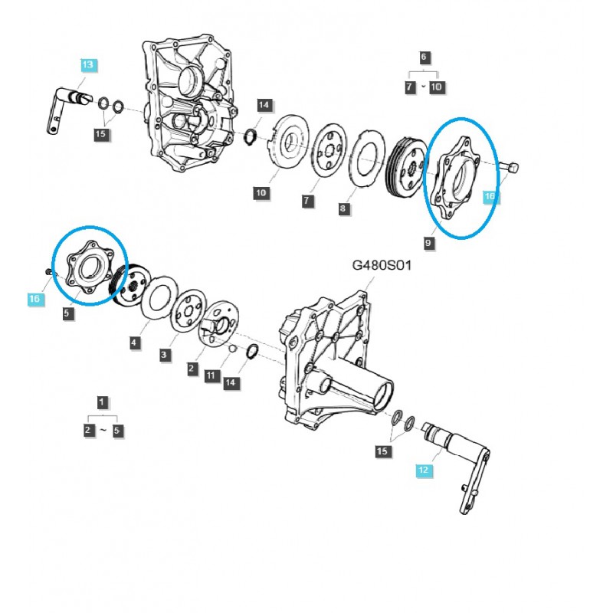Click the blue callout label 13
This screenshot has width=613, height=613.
87,65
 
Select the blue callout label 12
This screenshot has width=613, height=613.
422,468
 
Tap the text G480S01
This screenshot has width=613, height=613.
382,267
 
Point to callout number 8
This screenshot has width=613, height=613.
343,208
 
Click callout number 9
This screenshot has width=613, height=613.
428,243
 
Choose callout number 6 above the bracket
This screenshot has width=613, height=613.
424,57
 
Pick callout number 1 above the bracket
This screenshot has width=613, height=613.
101,402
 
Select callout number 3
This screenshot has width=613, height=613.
163,355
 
